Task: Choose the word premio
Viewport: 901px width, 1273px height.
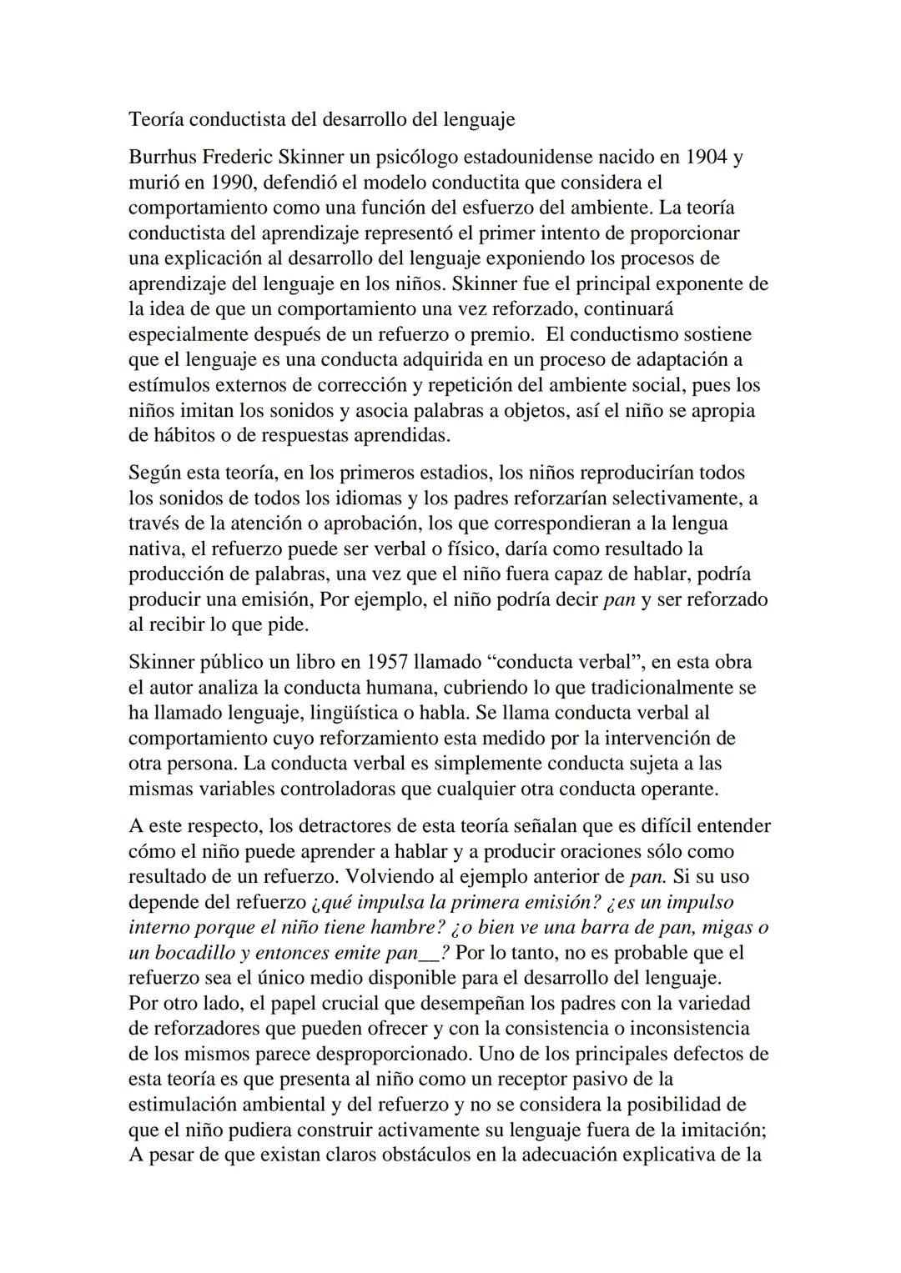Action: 502,334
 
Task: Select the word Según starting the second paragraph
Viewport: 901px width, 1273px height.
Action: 154,473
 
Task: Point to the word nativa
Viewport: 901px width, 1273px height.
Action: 154,549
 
